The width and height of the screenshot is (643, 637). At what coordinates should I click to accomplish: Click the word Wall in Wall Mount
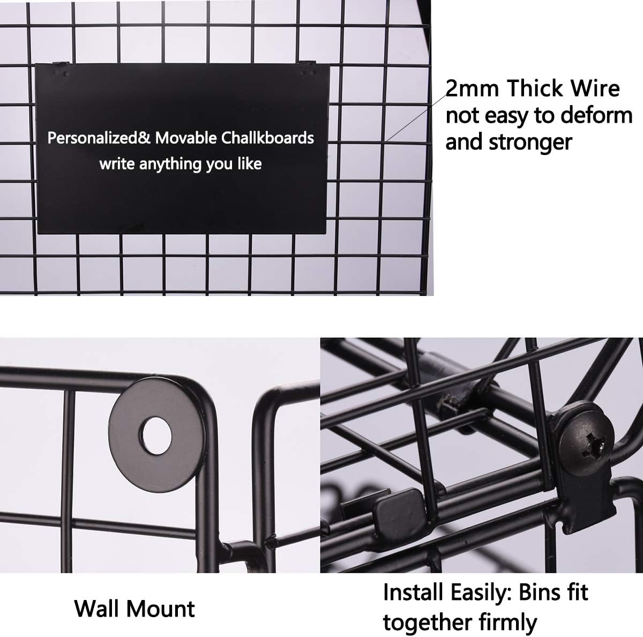click(x=97, y=609)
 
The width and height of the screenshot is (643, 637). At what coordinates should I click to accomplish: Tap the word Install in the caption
click(x=414, y=592)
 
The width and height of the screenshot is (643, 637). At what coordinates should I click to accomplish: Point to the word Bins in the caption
click(x=539, y=592)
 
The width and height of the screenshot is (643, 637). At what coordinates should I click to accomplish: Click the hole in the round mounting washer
click(x=155, y=436)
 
